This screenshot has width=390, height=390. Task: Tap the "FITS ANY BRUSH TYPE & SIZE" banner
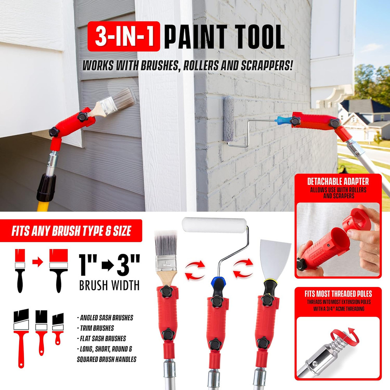(71, 232)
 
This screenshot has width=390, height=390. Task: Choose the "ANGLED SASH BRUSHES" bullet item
(105, 318)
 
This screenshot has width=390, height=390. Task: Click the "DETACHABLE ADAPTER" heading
(338, 181)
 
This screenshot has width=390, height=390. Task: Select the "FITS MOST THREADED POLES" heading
(338, 293)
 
